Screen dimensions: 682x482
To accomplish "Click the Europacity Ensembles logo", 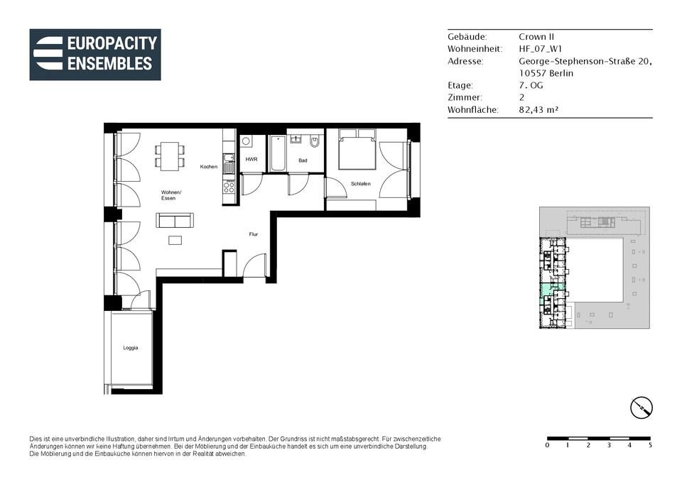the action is tap(95, 55).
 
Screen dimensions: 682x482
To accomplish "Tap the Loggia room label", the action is tap(131, 348).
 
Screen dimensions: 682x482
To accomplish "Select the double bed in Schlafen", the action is tap(357, 149).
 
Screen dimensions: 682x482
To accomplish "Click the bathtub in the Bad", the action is tap(277, 153).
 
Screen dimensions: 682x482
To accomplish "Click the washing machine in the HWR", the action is tap(247, 141).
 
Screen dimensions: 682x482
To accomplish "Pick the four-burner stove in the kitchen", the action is tap(229, 187).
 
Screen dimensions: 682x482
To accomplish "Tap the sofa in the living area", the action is tap(175, 220).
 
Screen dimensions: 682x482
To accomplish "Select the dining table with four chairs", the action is tap(170, 156).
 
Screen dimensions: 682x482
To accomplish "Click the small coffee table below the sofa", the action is tap(175, 240).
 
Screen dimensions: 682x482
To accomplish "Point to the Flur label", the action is tap(254, 234).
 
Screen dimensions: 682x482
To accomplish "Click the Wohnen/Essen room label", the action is tap(170, 195).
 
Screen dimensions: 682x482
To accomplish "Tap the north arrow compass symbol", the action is tap(642, 407).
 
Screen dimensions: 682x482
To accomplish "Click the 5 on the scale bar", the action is tap(650, 445).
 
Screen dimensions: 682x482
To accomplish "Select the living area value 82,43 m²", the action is tap(538, 109).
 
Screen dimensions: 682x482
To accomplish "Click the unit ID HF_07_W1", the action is tap(540, 49).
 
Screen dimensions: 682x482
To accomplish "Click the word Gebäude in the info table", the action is tap(467, 36).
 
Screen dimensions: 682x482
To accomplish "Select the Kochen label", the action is tap(209, 166).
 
